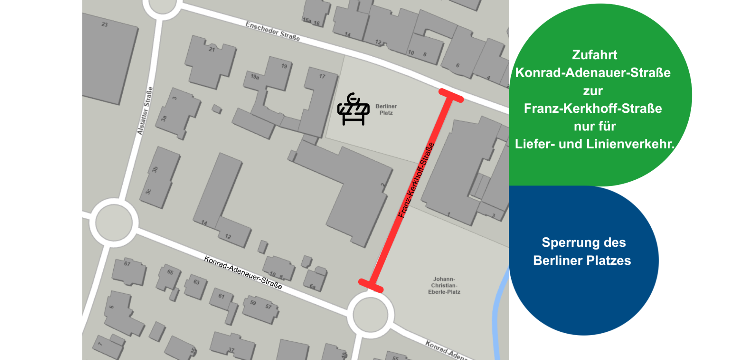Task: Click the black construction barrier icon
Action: pos(353,110)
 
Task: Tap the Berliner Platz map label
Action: pos(386,110)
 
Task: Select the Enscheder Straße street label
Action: pos(273,31)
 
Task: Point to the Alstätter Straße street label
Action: pos(145,111)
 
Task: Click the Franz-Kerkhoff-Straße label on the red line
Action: pos(416,180)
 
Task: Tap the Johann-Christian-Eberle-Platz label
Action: pos(444,286)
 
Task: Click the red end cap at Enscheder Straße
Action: pos(451,96)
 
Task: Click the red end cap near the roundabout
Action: pos(370,286)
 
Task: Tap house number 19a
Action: pos(255,77)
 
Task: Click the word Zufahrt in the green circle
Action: pos(594,55)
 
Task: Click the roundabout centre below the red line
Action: pos(370,315)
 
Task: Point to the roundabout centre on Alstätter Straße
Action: pos(114,222)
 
